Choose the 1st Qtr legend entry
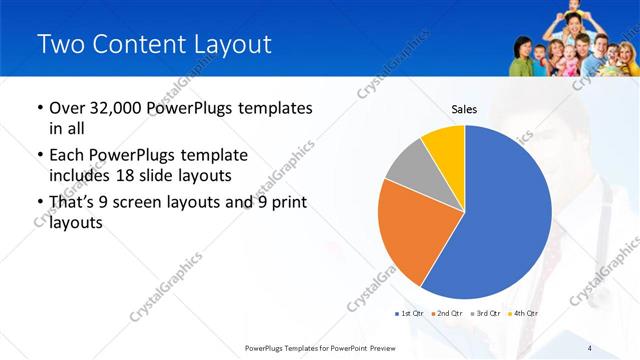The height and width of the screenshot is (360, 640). click(x=410, y=314)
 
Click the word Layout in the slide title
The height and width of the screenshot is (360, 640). click(x=231, y=44)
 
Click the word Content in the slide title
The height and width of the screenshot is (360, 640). click(x=139, y=44)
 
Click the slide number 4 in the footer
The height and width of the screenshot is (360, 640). click(x=590, y=347)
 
